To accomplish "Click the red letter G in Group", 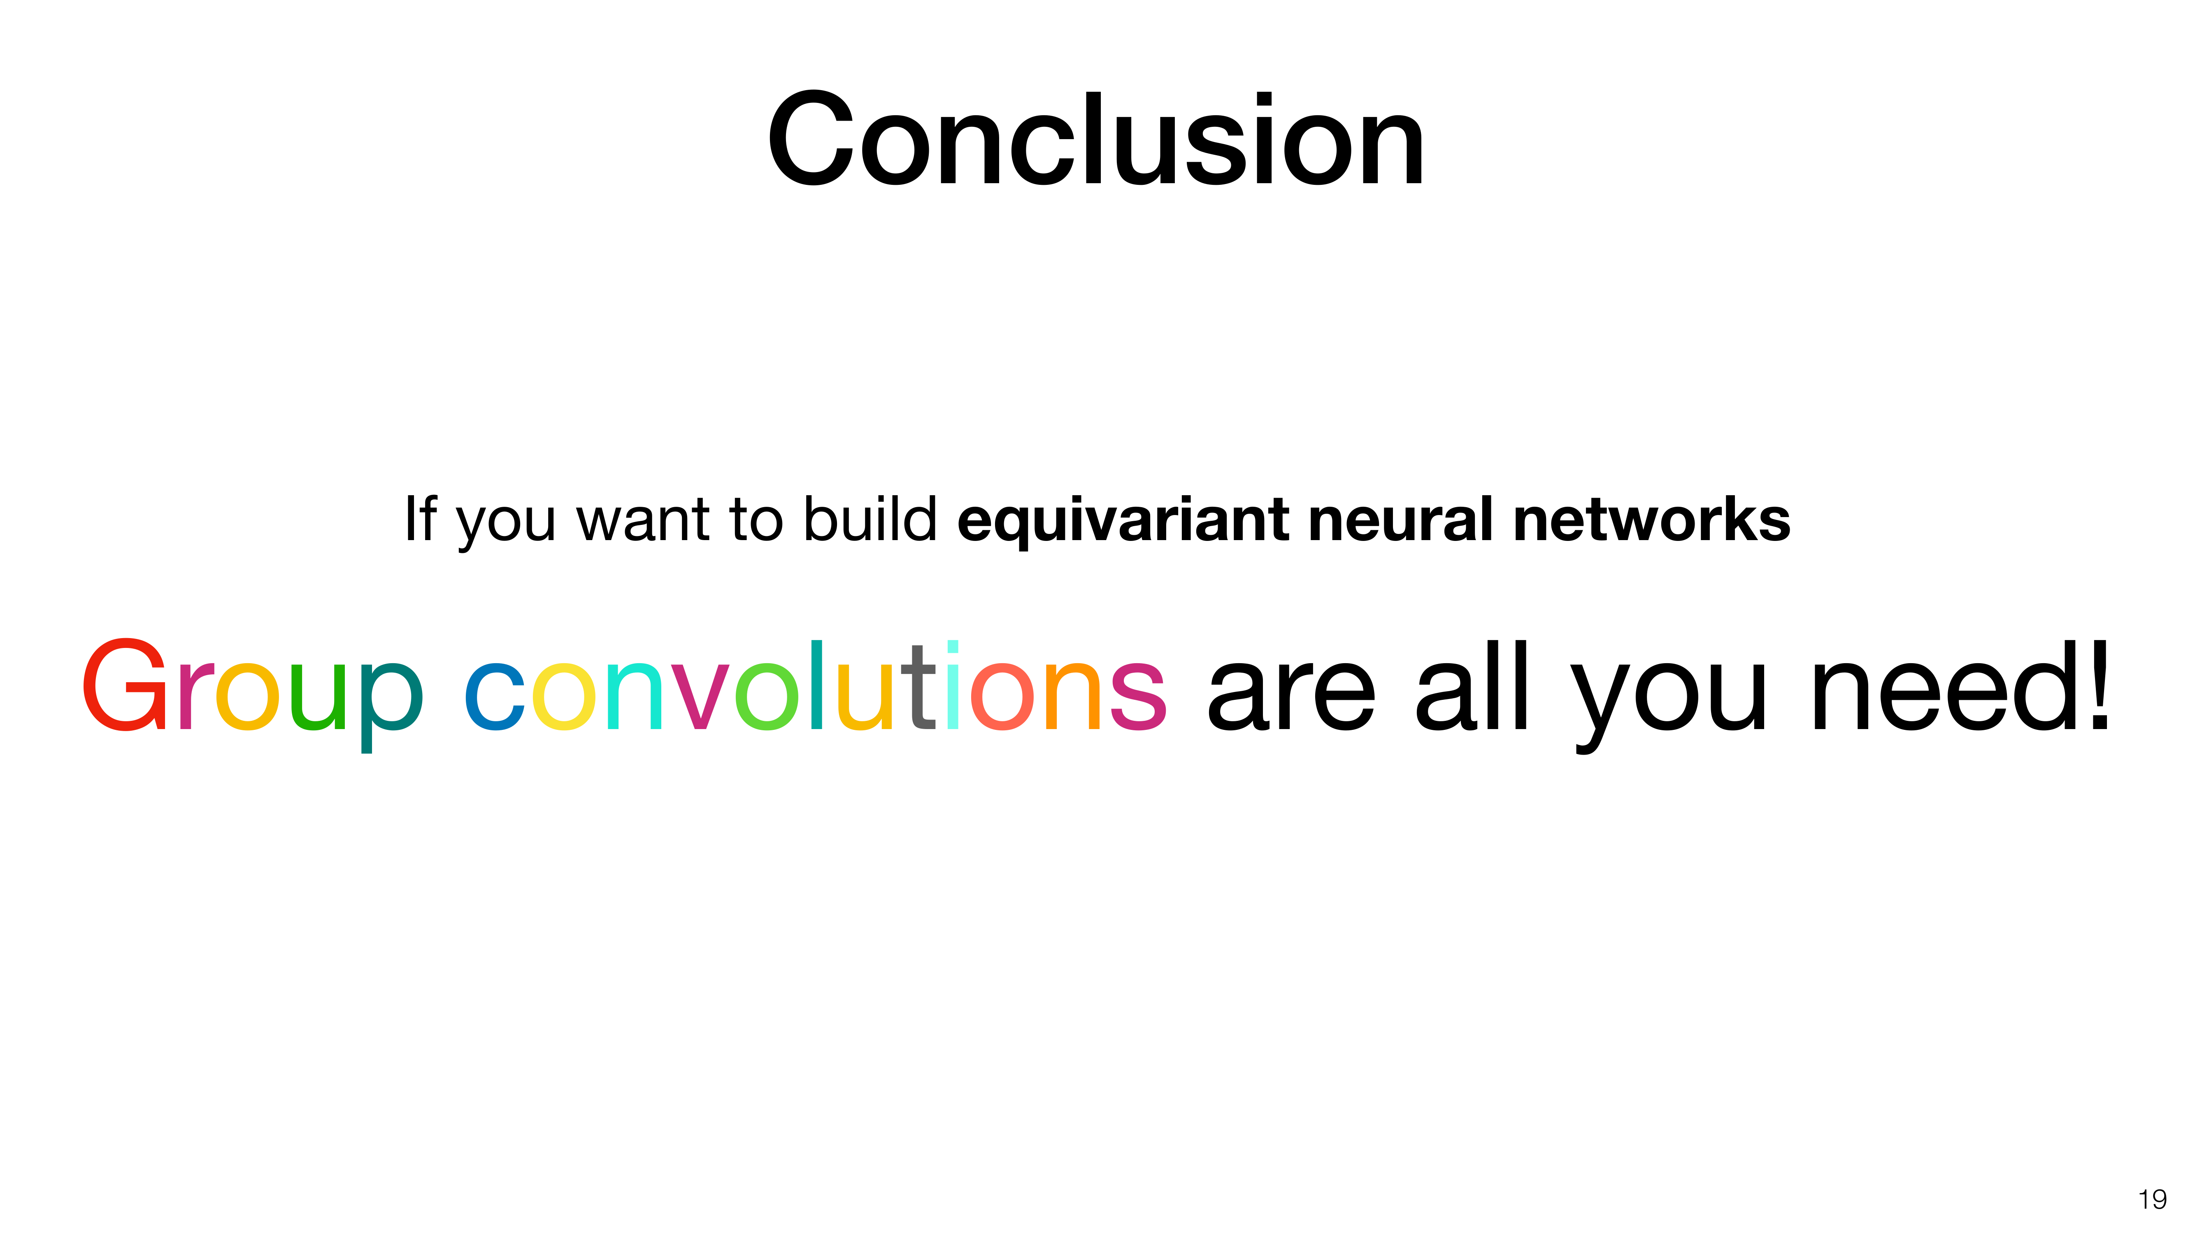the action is [x=124, y=685].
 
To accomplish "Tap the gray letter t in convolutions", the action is [x=922, y=687].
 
